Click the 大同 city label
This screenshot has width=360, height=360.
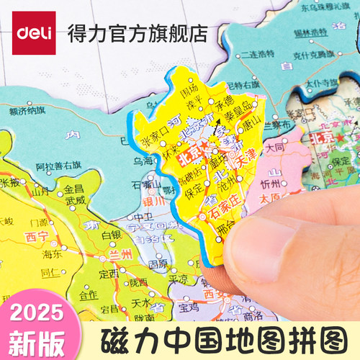pyautogui.click(x=274, y=148)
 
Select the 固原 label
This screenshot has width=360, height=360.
pyautogui.click(x=157, y=264)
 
